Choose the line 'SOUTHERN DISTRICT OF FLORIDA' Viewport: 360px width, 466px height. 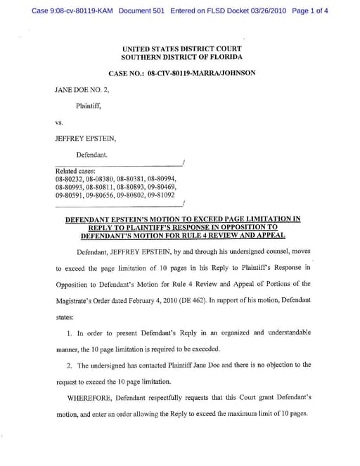point(182,57)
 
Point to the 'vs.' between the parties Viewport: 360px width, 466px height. point(59,122)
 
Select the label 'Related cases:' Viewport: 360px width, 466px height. point(75,171)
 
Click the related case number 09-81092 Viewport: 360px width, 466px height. point(160,195)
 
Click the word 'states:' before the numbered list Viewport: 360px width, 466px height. point(64,317)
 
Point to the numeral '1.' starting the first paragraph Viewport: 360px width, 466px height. point(69,332)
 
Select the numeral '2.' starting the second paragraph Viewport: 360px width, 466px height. point(69,365)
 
